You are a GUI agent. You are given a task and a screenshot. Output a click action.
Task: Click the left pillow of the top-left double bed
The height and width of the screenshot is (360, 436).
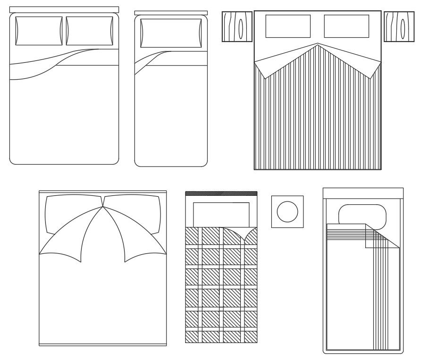(x=39, y=31)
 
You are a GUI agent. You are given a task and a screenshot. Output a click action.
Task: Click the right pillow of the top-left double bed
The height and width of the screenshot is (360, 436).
(x=90, y=31)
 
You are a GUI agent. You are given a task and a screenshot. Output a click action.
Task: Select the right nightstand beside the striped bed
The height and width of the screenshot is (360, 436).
(x=399, y=26)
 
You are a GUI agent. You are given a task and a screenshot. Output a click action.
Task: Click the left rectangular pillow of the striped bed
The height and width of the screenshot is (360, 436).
(x=288, y=26)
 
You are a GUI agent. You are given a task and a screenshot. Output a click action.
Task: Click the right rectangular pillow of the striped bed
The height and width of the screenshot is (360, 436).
(x=346, y=26)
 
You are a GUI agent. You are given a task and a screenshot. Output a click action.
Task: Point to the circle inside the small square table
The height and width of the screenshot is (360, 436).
(x=287, y=211)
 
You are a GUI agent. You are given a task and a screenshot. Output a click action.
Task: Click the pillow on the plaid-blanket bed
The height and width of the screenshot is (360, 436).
(x=221, y=213)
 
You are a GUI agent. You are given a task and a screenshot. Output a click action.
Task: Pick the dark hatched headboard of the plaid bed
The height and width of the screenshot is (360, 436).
(x=221, y=193)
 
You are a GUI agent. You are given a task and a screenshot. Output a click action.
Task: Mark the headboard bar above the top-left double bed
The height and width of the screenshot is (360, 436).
(x=64, y=9)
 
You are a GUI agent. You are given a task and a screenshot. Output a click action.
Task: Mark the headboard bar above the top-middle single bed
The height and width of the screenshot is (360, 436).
(x=171, y=13)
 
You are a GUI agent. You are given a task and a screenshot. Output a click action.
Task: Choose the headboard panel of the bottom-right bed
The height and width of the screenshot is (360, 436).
(x=363, y=193)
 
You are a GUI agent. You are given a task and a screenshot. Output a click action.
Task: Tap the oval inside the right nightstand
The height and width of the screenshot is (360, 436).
(x=402, y=26)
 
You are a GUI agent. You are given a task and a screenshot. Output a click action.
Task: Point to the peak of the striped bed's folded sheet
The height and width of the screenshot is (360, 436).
(x=317, y=45)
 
